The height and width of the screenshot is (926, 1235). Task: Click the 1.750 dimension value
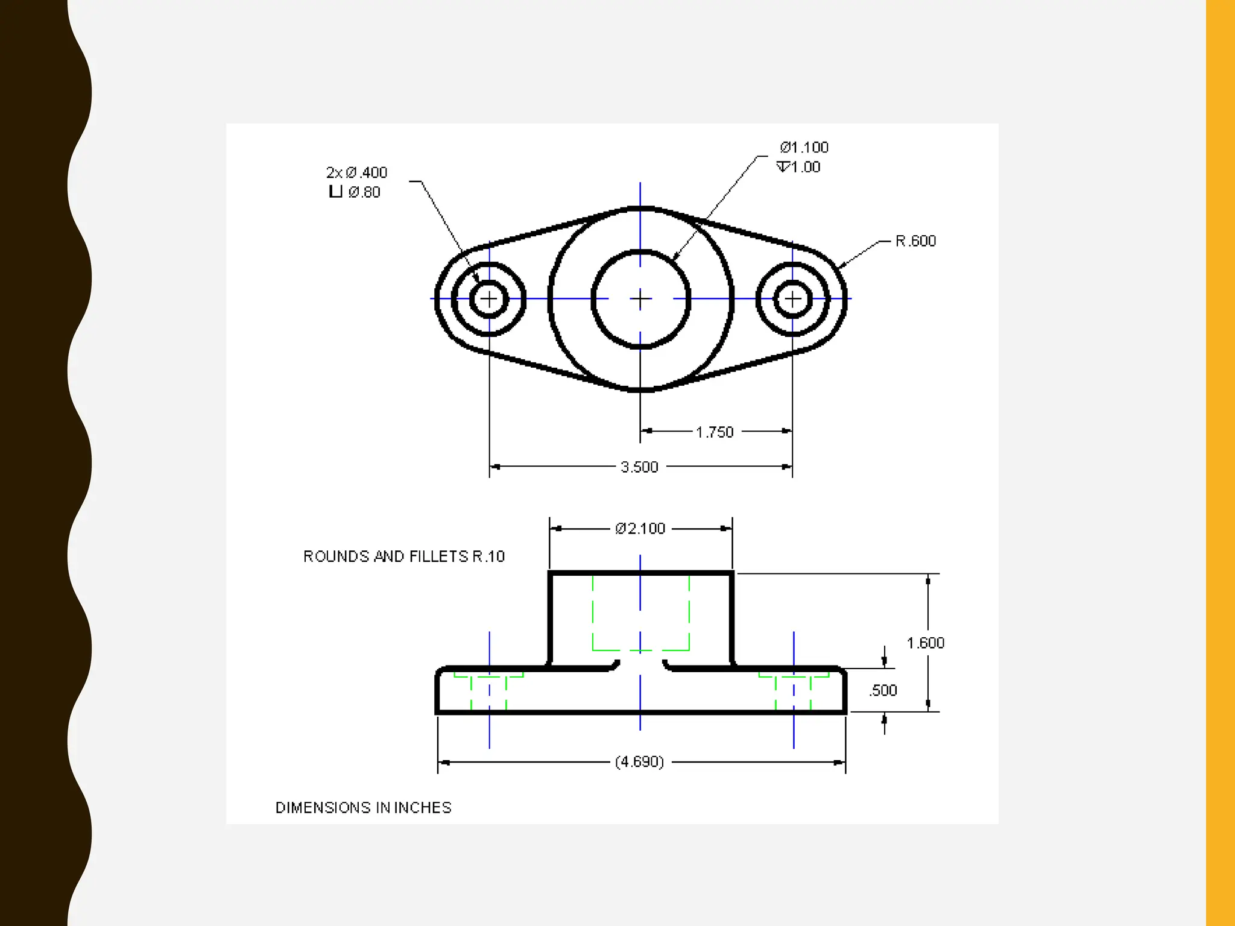[715, 432]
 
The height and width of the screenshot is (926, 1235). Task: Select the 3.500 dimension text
[639, 467]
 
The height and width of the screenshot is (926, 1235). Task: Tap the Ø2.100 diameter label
[640, 529]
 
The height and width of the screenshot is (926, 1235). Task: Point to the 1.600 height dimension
[925, 643]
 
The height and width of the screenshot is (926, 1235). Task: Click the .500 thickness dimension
[883, 691]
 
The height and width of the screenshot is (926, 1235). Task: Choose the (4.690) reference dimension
[639, 762]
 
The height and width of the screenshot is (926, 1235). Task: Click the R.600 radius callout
[915, 241]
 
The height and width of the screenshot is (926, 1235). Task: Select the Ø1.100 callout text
[804, 148]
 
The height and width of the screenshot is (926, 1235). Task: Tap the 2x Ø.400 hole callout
[356, 173]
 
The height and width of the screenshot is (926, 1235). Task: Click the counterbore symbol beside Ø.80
[335, 192]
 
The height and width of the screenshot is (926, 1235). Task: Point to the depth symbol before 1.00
[783, 167]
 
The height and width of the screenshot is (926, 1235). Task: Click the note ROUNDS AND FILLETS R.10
[403, 556]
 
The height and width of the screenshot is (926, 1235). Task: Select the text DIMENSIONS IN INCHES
[363, 808]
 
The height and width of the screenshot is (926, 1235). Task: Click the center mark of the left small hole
[489, 298]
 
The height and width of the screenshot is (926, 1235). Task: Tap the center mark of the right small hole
[792, 298]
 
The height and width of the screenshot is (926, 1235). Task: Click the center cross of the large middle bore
[640, 298]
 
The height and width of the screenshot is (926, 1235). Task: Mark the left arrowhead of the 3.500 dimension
[494, 467]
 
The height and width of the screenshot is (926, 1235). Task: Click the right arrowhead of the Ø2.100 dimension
[727, 529]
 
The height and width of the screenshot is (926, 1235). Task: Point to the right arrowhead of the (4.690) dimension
[840, 763]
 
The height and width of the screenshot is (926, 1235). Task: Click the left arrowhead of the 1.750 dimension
[646, 431]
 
